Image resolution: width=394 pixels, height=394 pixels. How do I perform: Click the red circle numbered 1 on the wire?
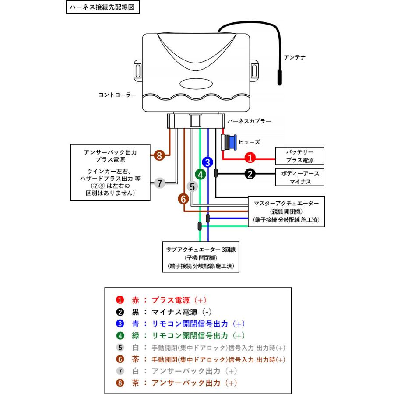click(x=250, y=158)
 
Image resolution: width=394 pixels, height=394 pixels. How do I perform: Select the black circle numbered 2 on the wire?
click(x=250, y=174)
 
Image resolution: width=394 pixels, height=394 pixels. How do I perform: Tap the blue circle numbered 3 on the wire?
click(x=208, y=162)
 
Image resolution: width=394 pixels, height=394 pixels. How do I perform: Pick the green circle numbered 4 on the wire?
click(x=200, y=174)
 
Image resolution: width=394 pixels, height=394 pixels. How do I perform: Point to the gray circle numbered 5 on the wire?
click(x=192, y=186)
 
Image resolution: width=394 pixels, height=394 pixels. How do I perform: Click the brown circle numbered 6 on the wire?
click(x=183, y=199)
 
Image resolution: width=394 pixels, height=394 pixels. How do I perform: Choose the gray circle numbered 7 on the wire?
click(x=159, y=183)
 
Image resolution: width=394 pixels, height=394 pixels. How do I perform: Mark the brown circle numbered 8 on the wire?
click(x=159, y=155)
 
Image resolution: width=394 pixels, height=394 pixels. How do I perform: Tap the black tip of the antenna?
click(x=280, y=77)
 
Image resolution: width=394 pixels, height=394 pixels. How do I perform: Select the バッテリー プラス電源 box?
click(x=299, y=156)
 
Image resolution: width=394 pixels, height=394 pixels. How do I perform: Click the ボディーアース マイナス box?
click(x=299, y=177)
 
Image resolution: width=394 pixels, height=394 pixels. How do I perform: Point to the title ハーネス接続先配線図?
click(x=103, y=7)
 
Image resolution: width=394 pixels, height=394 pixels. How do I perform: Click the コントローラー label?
click(x=117, y=95)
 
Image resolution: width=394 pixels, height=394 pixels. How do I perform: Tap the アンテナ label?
click(x=295, y=57)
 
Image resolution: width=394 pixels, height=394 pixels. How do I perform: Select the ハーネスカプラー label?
click(x=249, y=121)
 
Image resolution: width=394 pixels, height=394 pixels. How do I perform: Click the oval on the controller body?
click(x=196, y=84)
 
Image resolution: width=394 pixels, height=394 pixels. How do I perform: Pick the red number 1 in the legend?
click(x=120, y=300)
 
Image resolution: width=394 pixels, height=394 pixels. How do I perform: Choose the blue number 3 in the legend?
click(x=120, y=324)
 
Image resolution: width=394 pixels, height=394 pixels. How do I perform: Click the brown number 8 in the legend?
click(x=120, y=383)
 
